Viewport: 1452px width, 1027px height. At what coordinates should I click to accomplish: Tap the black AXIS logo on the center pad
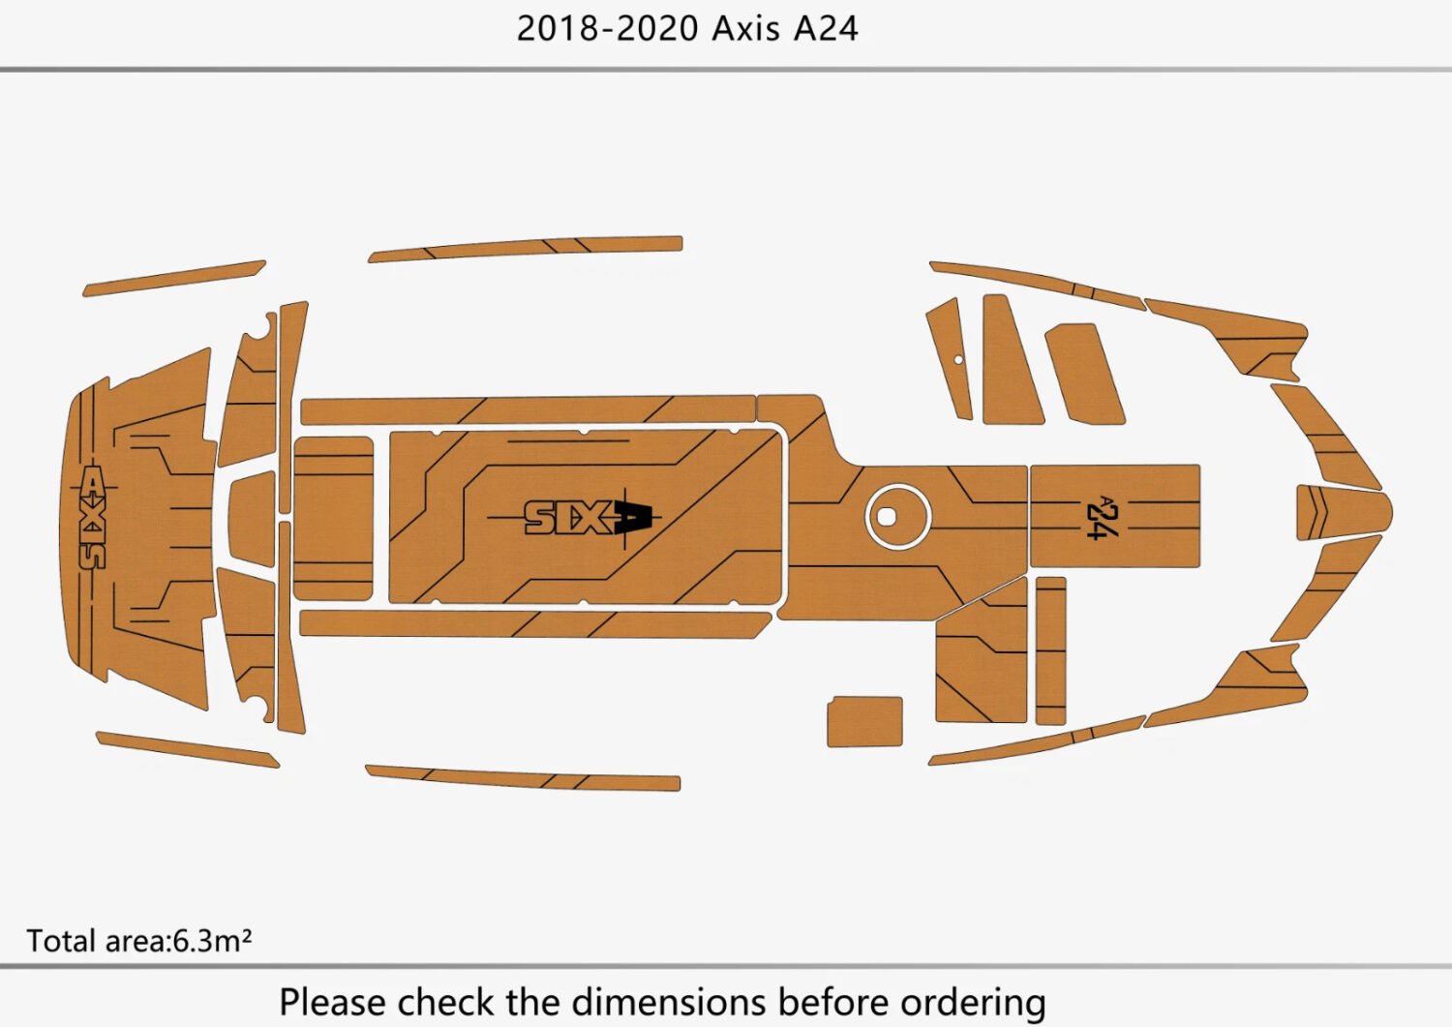(x=588, y=518)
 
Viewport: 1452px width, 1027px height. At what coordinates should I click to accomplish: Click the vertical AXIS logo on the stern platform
(x=92, y=517)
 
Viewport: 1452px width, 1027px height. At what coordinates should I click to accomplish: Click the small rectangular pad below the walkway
(x=864, y=721)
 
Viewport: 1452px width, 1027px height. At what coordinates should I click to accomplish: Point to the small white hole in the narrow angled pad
(x=958, y=360)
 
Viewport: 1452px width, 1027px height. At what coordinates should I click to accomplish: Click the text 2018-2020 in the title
(x=607, y=28)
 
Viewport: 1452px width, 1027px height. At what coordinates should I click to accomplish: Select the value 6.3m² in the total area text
(x=212, y=941)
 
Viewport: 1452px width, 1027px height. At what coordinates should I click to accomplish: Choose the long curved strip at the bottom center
(x=523, y=777)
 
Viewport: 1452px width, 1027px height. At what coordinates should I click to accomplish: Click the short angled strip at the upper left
(x=174, y=278)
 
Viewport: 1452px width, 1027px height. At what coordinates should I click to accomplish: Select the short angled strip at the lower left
(x=186, y=749)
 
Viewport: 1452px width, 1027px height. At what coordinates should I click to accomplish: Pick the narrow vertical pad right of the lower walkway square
(x=1050, y=650)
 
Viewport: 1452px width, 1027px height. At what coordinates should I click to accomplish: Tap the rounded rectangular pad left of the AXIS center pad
(x=333, y=518)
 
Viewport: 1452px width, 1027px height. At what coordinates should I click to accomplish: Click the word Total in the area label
(x=61, y=941)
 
